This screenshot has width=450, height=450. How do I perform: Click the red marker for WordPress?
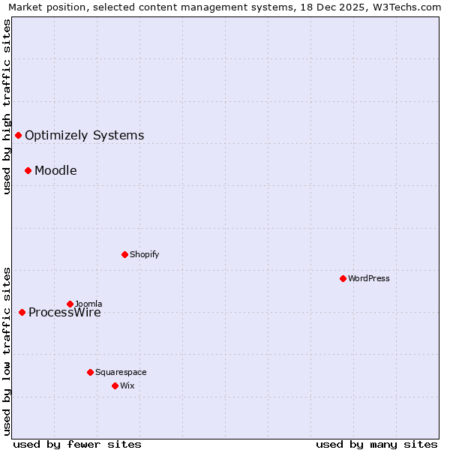(x=343, y=278)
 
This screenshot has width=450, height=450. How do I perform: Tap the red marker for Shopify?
(x=124, y=254)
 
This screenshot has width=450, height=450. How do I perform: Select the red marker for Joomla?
(x=70, y=304)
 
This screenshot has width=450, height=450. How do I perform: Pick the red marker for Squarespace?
(x=90, y=372)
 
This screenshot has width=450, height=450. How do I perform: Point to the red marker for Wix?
(x=115, y=385)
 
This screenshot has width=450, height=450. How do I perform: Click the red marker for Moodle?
(x=28, y=170)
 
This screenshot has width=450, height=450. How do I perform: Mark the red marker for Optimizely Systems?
(x=18, y=135)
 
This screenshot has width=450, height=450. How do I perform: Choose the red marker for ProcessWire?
(x=22, y=312)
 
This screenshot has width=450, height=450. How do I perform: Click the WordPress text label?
(x=368, y=278)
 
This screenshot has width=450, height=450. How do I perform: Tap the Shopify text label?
(x=144, y=254)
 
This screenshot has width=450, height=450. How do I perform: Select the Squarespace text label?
(x=121, y=372)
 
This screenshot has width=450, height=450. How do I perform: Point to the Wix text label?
(x=127, y=385)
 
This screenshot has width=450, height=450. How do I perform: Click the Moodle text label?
(x=55, y=170)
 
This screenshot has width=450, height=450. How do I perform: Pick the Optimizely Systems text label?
(x=84, y=135)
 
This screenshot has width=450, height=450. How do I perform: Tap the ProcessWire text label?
(x=64, y=313)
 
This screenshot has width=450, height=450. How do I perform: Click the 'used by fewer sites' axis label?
(x=77, y=444)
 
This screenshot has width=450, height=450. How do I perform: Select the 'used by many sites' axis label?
(x=376, y=444)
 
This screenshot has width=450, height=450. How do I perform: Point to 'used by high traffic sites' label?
(x=7, y=106)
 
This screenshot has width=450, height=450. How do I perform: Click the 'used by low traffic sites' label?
(x=7, y=350)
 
